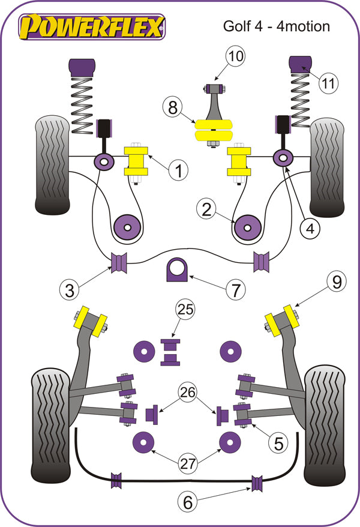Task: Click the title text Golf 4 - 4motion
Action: pos(276,26)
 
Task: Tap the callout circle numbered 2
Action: pos(207,209)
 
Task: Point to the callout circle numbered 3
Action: pos(71,291)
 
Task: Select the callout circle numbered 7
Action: pos(235,291)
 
